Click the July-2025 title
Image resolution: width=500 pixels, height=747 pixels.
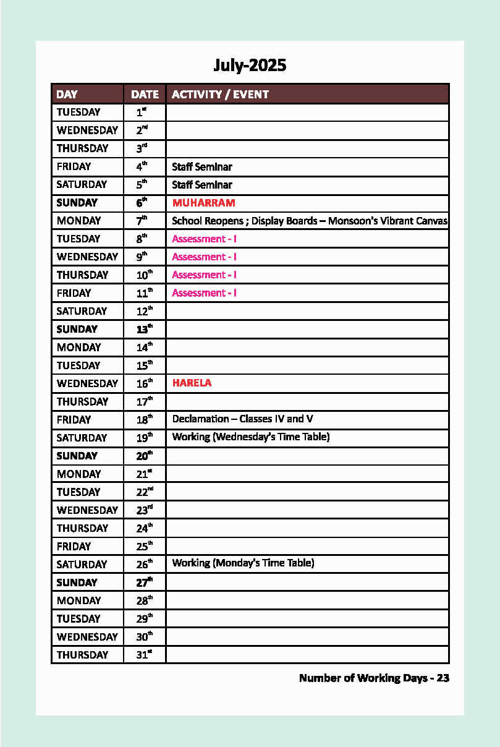[250, 66]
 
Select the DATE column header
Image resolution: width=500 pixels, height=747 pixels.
[145, 95]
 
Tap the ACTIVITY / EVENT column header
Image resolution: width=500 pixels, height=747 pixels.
[220, 95]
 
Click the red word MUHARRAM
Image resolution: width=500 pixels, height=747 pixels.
[203, 203]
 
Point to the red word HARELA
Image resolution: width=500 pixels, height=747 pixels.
[192, 383]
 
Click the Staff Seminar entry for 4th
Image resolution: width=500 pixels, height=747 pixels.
[202, 167]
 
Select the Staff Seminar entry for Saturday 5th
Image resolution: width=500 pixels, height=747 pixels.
[202, 185]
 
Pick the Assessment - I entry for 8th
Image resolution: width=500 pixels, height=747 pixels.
[204, 239]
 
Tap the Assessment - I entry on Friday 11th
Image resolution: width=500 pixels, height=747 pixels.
[204, 293]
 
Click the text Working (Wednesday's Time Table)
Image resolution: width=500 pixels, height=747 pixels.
[251, 437]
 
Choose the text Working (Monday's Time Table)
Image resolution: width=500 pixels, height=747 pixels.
[243, 563]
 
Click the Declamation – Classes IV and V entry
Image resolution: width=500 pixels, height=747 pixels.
[242, 419]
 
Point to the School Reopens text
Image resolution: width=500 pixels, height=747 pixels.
[207, 221]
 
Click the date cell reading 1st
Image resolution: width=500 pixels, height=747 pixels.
[142, 113]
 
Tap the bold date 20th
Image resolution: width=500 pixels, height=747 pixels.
[144, 456]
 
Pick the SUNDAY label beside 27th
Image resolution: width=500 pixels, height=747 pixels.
[77, 583]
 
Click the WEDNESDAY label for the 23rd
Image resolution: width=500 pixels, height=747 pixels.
[87, 510]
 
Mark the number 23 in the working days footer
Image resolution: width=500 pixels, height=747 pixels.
[443, 678]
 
